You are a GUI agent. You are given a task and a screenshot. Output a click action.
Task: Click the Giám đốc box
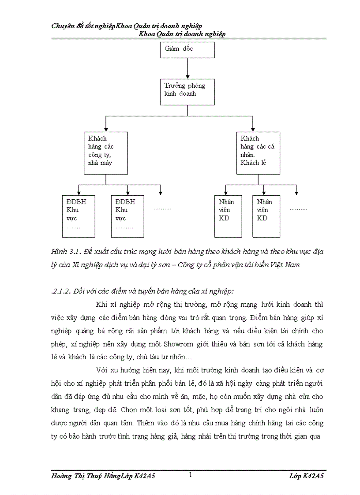click(187, 50)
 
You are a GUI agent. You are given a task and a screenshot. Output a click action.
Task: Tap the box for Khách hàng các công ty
click(105, 152)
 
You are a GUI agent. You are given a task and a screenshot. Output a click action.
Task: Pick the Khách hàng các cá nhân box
click(258, 152)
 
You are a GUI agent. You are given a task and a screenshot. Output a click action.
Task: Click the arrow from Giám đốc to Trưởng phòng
click(187, 68)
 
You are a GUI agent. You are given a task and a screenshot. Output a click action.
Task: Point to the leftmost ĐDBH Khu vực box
click(78, 216)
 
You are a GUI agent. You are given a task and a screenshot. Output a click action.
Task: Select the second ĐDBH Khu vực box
click(127, 216)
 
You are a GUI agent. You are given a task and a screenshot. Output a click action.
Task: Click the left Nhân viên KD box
click(228, 216)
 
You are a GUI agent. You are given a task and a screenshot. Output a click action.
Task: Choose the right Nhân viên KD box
click(265, 216)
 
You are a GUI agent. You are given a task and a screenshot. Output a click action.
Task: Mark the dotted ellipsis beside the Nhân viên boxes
click(298, 208)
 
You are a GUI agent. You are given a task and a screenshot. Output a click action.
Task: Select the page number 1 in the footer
click(190, 475)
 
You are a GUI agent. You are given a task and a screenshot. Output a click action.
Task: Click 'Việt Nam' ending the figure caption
click(287, 264)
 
